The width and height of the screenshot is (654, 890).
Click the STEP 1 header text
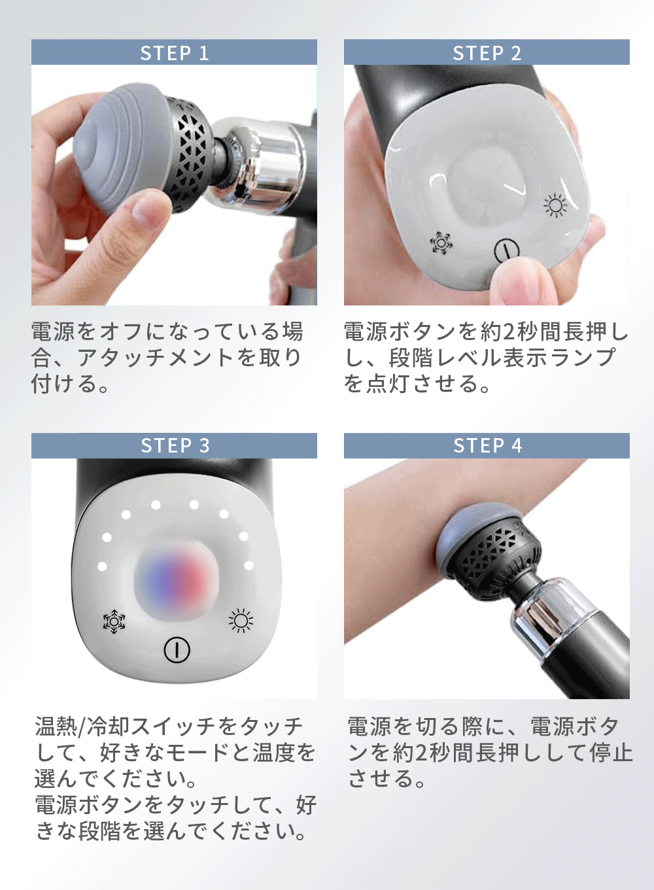(174, 53)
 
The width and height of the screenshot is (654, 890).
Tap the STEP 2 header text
(487, 53)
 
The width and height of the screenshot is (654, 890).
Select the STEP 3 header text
(175, 445)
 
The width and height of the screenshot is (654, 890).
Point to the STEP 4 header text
(487, 445)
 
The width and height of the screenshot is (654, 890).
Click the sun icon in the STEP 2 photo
(555, 205)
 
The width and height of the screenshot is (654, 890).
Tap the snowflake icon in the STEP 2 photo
(441, 242)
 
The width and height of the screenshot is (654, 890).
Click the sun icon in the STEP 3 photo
(241, 620)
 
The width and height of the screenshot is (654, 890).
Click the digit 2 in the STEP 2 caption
(509, 332)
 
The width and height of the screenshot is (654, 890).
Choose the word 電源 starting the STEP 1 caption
(54, 332)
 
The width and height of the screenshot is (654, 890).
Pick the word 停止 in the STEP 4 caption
(611, 752)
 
